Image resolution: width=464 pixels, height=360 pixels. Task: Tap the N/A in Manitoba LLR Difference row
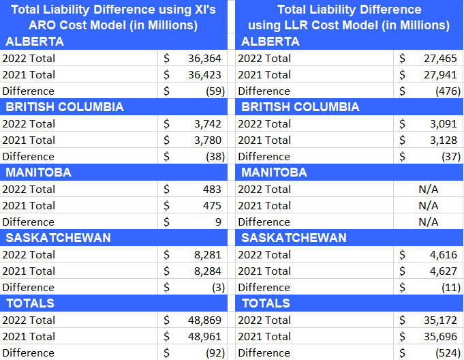click(x=428, y=222)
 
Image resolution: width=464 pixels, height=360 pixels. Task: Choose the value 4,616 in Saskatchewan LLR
click(x=443, y=254)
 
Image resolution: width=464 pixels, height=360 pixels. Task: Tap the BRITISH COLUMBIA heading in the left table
click(x=65, y=107)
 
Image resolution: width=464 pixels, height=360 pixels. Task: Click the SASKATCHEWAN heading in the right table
click(x=294, y=238)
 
